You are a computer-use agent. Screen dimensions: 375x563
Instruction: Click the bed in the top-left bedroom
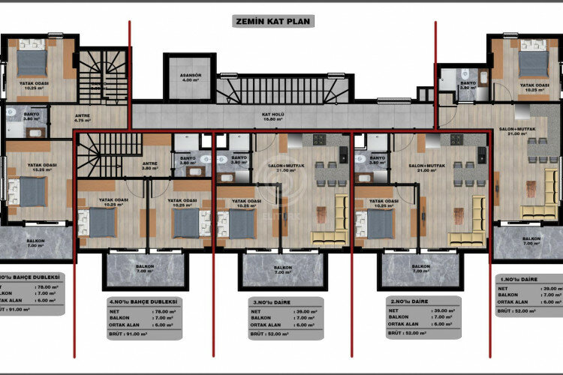[x=32, y=63]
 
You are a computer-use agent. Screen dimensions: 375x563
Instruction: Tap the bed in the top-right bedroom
[x=532, y=63]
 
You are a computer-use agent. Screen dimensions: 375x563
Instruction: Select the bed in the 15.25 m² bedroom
[x=32, y=191]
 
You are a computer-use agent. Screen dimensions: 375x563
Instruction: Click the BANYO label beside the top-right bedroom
[x=468, y=85]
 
